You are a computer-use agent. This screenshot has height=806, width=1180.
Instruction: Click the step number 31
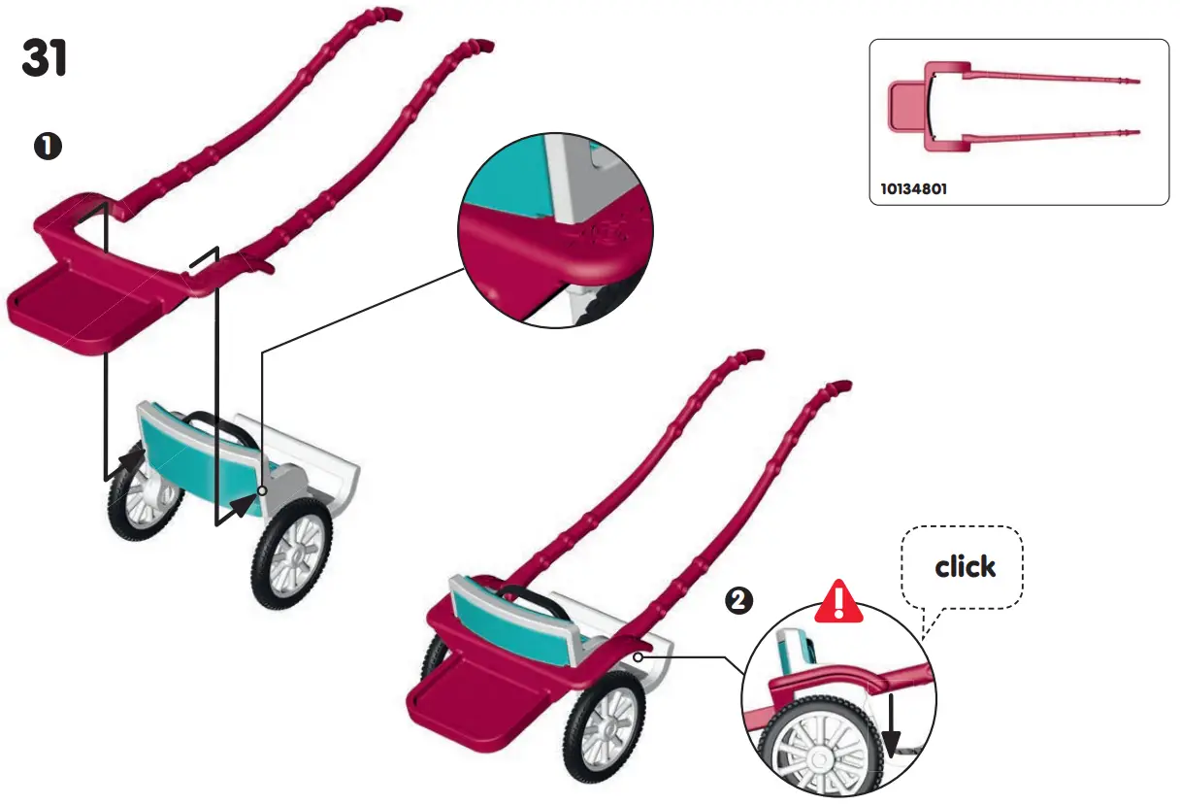pyautogui.click(x=45, y=60)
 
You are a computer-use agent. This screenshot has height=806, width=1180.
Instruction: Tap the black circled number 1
pyautogui.click(x=48, y=147)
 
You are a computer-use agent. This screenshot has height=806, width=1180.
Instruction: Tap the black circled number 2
pyautogui.click(x=739, y=601)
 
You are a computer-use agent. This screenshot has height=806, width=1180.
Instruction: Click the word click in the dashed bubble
pyautogui.click(x=965, y=566)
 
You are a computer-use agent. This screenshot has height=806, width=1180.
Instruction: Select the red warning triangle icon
pyautogui.click(x=838, y=604)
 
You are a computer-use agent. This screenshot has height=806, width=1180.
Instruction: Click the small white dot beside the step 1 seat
pyautogui.click(x=264, y=491)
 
